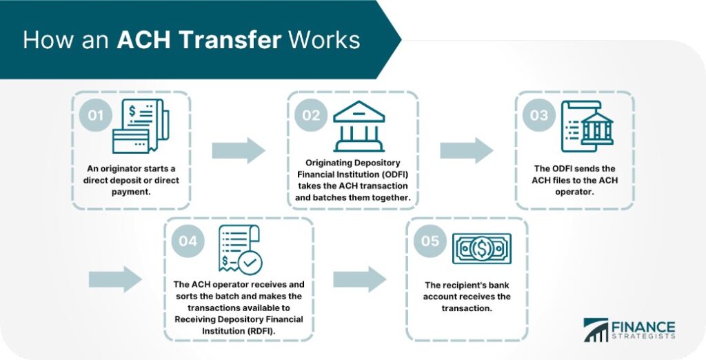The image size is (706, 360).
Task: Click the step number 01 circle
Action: point(94,114)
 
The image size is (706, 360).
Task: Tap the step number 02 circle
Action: point(311,114)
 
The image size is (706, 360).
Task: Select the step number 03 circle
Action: point(538,114)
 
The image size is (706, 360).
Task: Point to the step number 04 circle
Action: point(187,241)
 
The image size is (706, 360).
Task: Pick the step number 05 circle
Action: point(430,241)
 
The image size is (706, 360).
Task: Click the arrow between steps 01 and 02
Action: point(238,150)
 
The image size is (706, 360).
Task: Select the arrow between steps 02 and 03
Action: point(466,150)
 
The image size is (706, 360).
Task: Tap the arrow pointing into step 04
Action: point(115,279)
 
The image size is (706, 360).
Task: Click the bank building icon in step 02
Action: point(359,126)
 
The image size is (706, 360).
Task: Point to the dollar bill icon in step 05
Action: point(482,249)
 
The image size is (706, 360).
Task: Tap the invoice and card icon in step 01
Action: point(137,126)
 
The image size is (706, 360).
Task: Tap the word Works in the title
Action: point(324,39)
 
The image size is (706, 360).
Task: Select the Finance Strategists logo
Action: point(629,330)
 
